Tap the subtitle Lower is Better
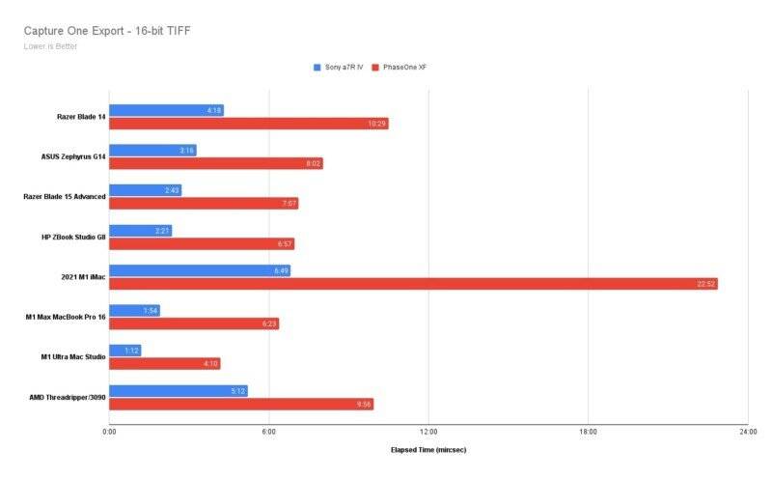tap(51, 45)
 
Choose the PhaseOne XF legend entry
tap(425, 68)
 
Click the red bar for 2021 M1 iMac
tap(413, 284)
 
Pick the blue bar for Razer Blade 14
tap(166, 110)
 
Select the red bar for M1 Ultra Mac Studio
tap(165, 363)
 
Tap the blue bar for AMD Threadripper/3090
tap(178, 390)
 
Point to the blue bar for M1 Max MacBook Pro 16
tap(134, 310)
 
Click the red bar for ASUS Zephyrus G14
tap(216, 163)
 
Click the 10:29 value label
tap(377, 124)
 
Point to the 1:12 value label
tap(132, 351)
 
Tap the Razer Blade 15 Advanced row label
tap(65, 197)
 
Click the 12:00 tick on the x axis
tap(428, 432)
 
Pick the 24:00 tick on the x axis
tap(746, 432)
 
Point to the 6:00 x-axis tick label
tap(269, 432)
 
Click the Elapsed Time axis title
tap(427, 450)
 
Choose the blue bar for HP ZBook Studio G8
tap(140, 230)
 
